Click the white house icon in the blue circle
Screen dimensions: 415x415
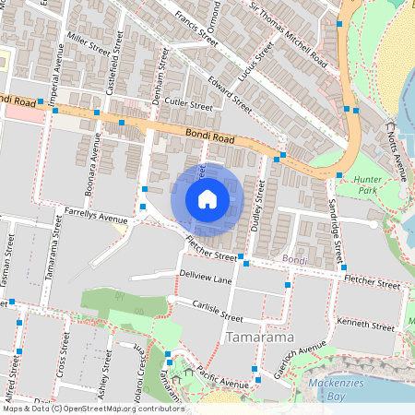pyautogui.click(x=207, y=199)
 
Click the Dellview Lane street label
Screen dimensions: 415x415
pyautogui.click(x=207, y=278)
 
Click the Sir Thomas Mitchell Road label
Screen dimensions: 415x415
pyautogui.click(x=289, y=36)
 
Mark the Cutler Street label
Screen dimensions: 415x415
pyautogui.click(x=189, y=107)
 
